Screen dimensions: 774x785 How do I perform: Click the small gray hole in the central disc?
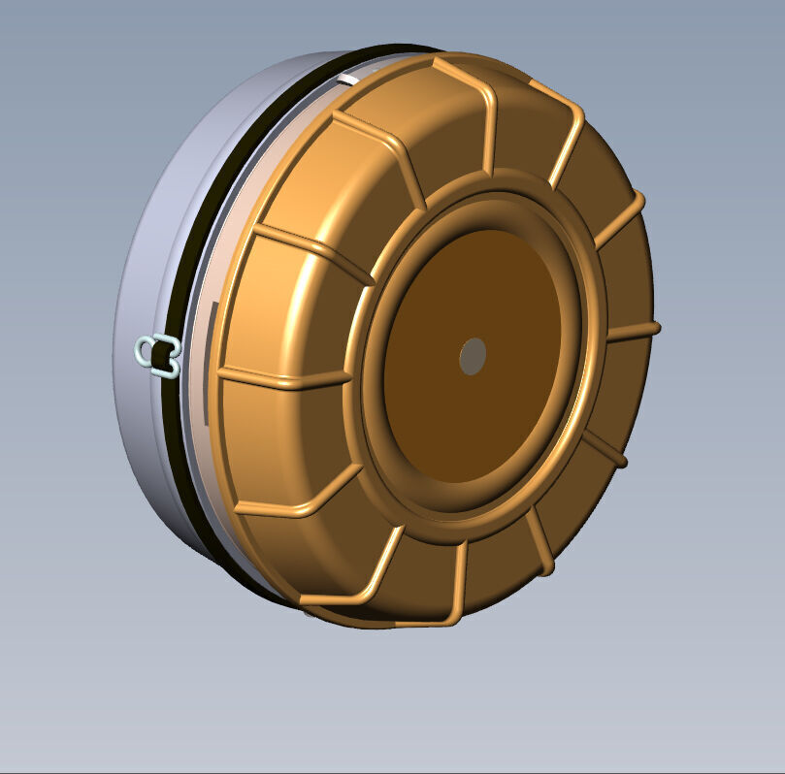pyautogui.click(x=473, y=357)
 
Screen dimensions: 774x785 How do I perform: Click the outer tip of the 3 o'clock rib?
pyautogui.click(x=657, y=327)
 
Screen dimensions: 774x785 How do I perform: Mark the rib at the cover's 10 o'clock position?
pyautogui.click(x=311, y=252)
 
